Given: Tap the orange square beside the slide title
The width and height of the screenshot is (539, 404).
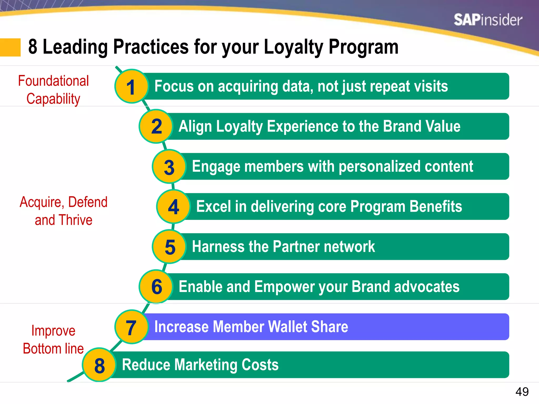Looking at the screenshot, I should coord(10,47).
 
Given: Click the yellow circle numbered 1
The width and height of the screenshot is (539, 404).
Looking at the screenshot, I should coord(131,86).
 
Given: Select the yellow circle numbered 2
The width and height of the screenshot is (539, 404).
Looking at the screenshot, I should coord(156,127).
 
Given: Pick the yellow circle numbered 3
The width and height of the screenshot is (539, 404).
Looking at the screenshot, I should coord(169,166).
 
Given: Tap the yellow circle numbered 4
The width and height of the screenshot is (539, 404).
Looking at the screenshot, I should coord(173,206).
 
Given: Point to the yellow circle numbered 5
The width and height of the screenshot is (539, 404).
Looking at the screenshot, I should coord(169,247).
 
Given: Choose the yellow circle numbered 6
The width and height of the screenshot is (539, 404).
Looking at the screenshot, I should coord(156,287).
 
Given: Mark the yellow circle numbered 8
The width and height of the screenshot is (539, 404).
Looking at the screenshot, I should coord(99,365).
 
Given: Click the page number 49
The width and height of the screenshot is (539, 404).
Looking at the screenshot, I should coord(522,392).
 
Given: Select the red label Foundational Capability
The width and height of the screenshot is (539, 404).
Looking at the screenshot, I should coord(53,90).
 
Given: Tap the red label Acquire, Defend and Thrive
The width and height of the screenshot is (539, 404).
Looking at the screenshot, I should coord(63,211).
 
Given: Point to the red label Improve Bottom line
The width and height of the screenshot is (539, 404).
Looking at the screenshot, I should coord(53,340).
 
